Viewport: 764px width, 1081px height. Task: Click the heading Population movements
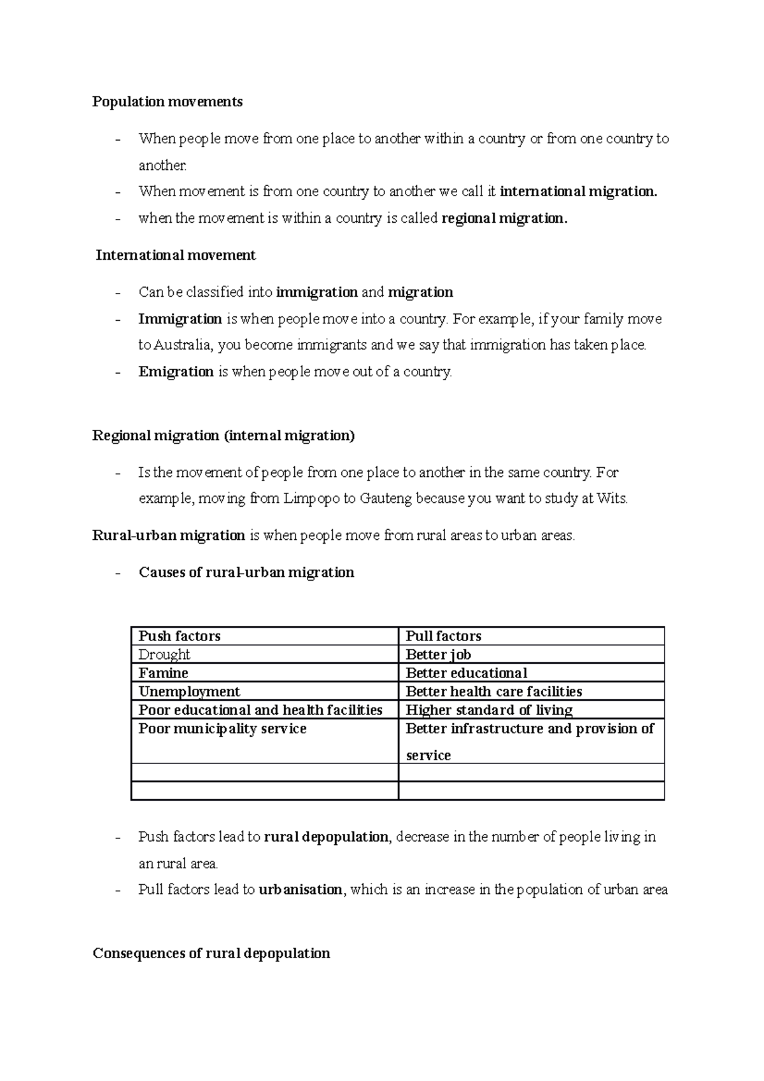167,102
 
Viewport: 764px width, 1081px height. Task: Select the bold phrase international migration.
578,192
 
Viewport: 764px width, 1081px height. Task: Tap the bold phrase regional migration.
503,218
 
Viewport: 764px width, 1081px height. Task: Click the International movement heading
176,255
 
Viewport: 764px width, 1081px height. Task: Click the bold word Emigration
176,372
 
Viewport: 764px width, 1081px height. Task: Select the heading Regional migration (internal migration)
223,436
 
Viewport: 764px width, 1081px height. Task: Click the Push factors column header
180,636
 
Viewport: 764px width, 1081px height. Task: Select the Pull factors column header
443,636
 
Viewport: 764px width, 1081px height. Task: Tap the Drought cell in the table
164,654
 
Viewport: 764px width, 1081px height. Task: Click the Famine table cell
163,673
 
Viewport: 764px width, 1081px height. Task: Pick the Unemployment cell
189,691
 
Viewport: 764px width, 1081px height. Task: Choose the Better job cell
438,654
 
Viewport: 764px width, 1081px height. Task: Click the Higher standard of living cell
489,710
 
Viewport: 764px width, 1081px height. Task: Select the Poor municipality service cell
222,729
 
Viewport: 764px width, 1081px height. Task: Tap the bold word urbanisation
301,890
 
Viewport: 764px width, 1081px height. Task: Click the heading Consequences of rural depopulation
211,954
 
